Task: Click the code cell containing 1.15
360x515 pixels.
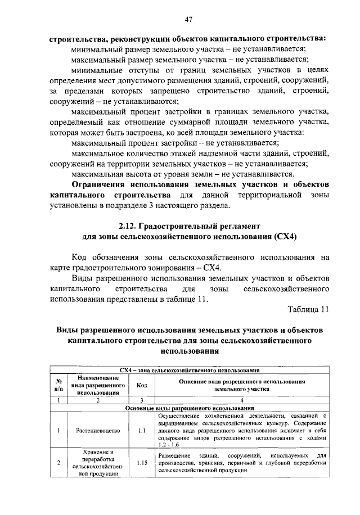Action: pyautogui.click(x=142, y=463)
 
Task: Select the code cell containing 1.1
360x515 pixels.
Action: pyautogui.click(x=142, y=431)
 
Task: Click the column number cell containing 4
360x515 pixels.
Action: pyautogui.click(x=241, y=400)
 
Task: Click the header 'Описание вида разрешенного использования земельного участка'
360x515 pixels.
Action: pyautogui.click(x=241, y=385)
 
